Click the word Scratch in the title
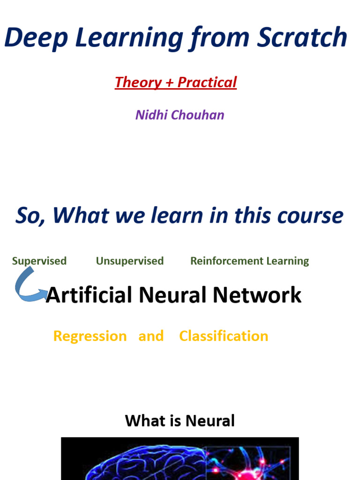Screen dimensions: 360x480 pos(302,37)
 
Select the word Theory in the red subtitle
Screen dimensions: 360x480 pos(138,82)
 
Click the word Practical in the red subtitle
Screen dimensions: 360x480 pos(207,82)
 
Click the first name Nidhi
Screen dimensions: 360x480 pos(151,115)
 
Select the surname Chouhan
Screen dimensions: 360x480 pos(197,115)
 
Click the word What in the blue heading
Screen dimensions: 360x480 pos(81,215)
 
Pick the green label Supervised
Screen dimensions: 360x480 pos(39,261)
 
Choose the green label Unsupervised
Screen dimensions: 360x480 pos(130,261)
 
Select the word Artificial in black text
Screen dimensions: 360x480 pos(89,295)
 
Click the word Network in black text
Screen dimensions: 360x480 pos(257,295)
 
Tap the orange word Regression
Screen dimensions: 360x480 pos(90,337)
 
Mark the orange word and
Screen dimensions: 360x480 pos(151,336)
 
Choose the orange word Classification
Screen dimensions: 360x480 pos(224,336)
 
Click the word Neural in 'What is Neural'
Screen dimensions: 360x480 pos(210,420)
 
